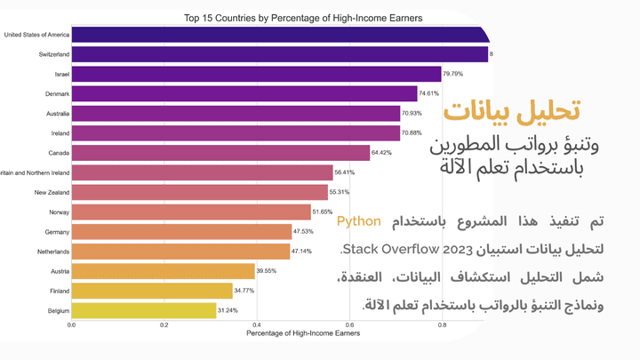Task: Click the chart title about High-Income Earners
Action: [303, 17]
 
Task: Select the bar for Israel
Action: [256, 75]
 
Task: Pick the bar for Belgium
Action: [144, 310]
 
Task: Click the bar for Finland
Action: [152, 291]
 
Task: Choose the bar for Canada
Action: [220, 153]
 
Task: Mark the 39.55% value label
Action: [270, 271]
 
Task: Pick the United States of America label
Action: [36, 36]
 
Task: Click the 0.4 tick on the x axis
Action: [257, 325]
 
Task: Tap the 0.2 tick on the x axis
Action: [164, 325]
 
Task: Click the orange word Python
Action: [359, 221]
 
